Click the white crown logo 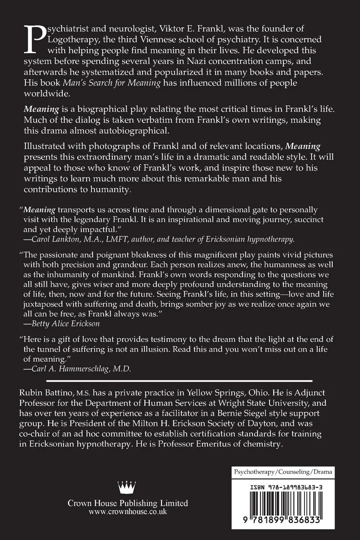click(127, 487)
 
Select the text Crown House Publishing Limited click(127, 503)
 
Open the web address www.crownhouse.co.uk click(127, 512)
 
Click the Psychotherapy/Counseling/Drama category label click(283, 472)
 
